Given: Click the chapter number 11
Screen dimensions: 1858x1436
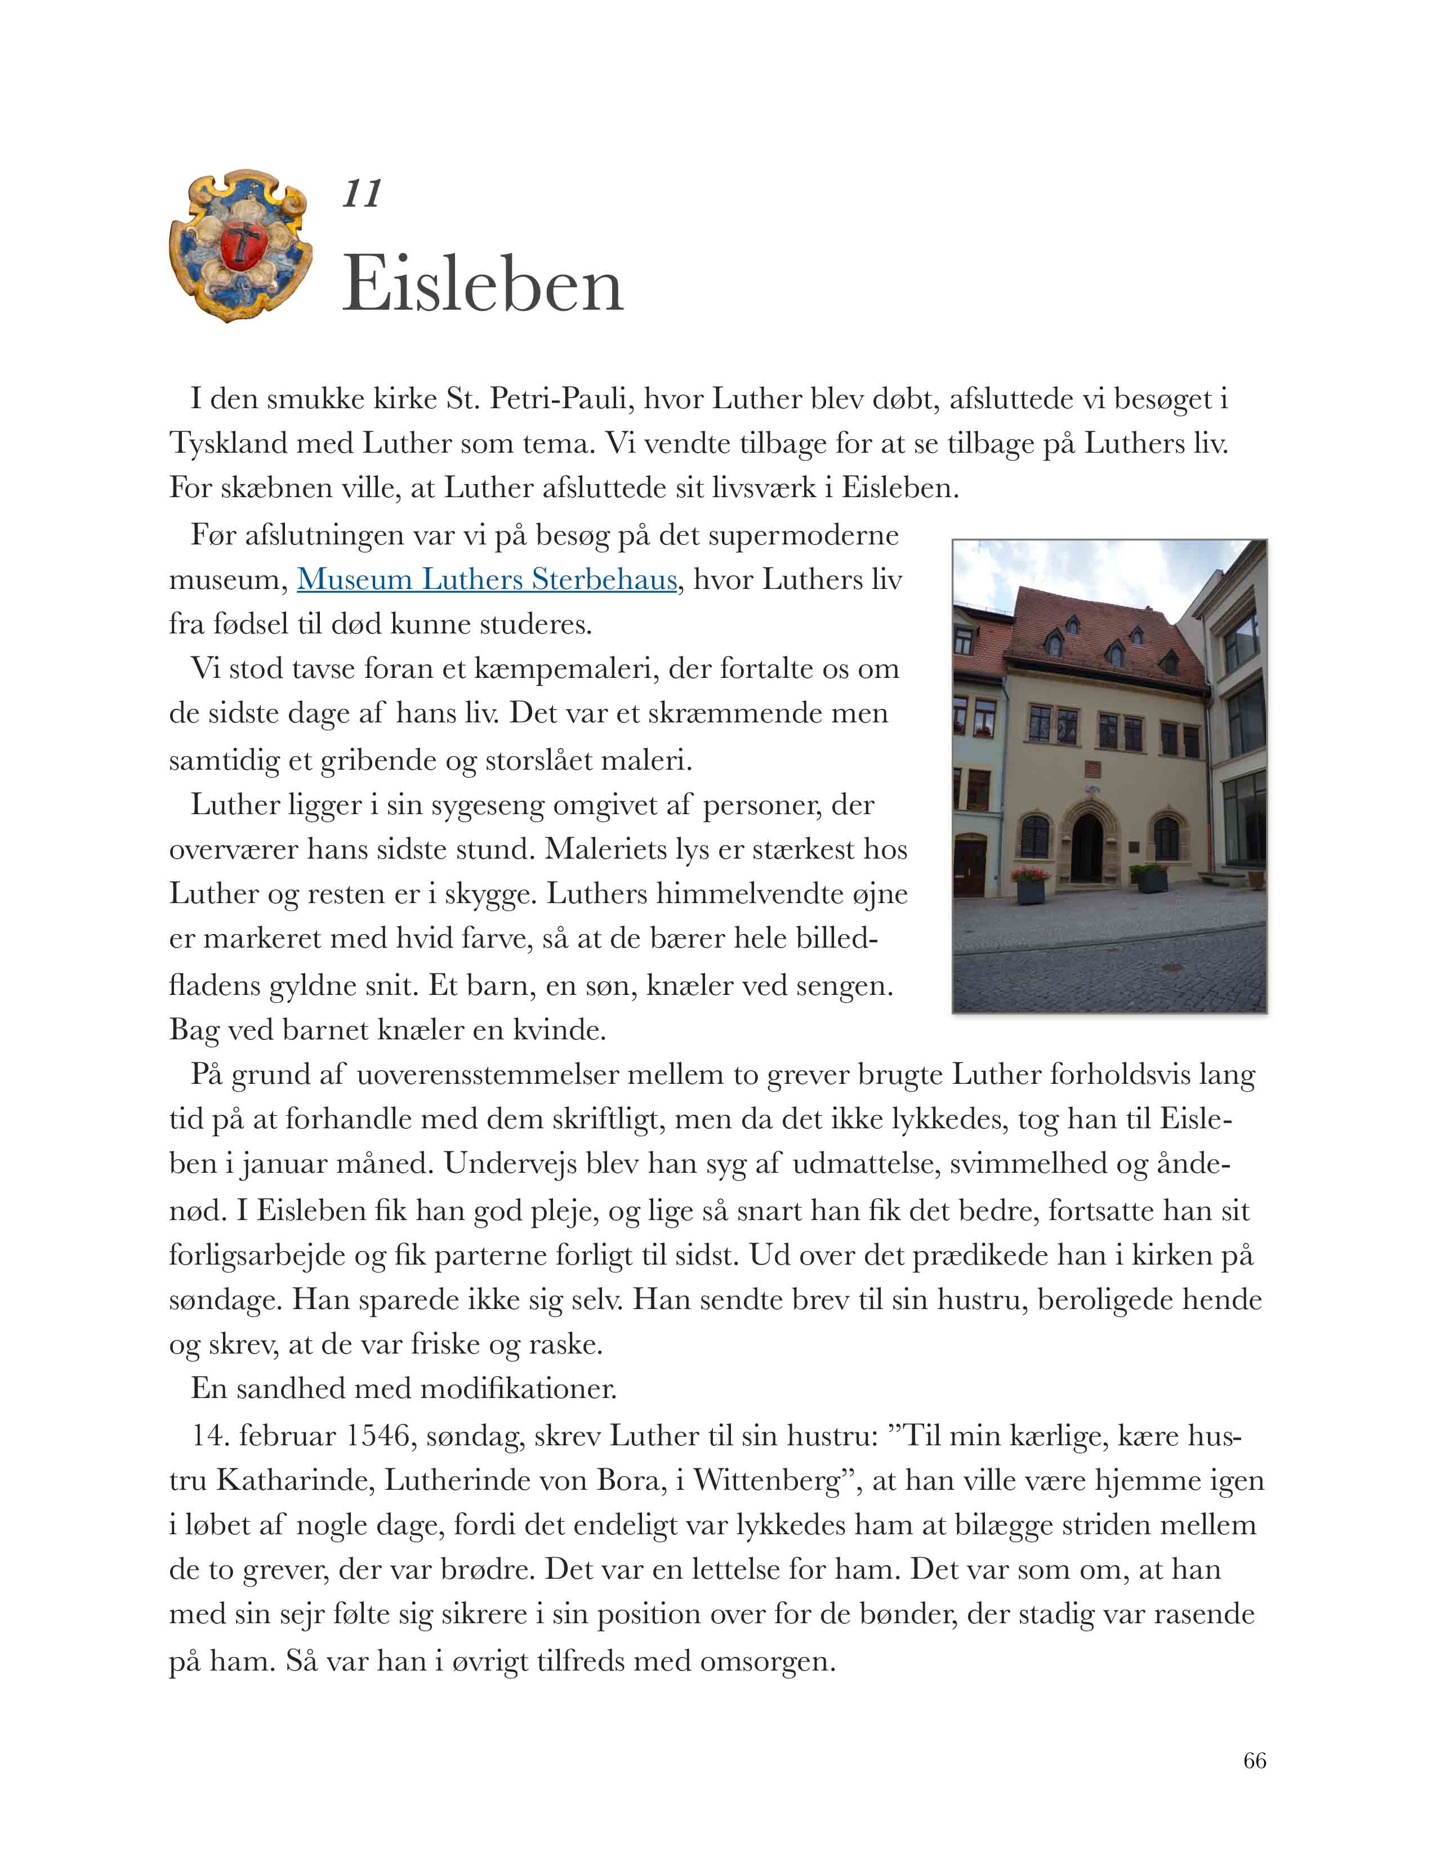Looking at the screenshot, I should pos(362,194).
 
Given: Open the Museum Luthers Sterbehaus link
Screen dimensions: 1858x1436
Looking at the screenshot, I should pos(487,580).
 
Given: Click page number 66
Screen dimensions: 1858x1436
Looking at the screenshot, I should pos(1254,1760).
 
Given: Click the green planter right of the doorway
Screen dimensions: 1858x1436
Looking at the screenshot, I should pos(1150,877).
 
